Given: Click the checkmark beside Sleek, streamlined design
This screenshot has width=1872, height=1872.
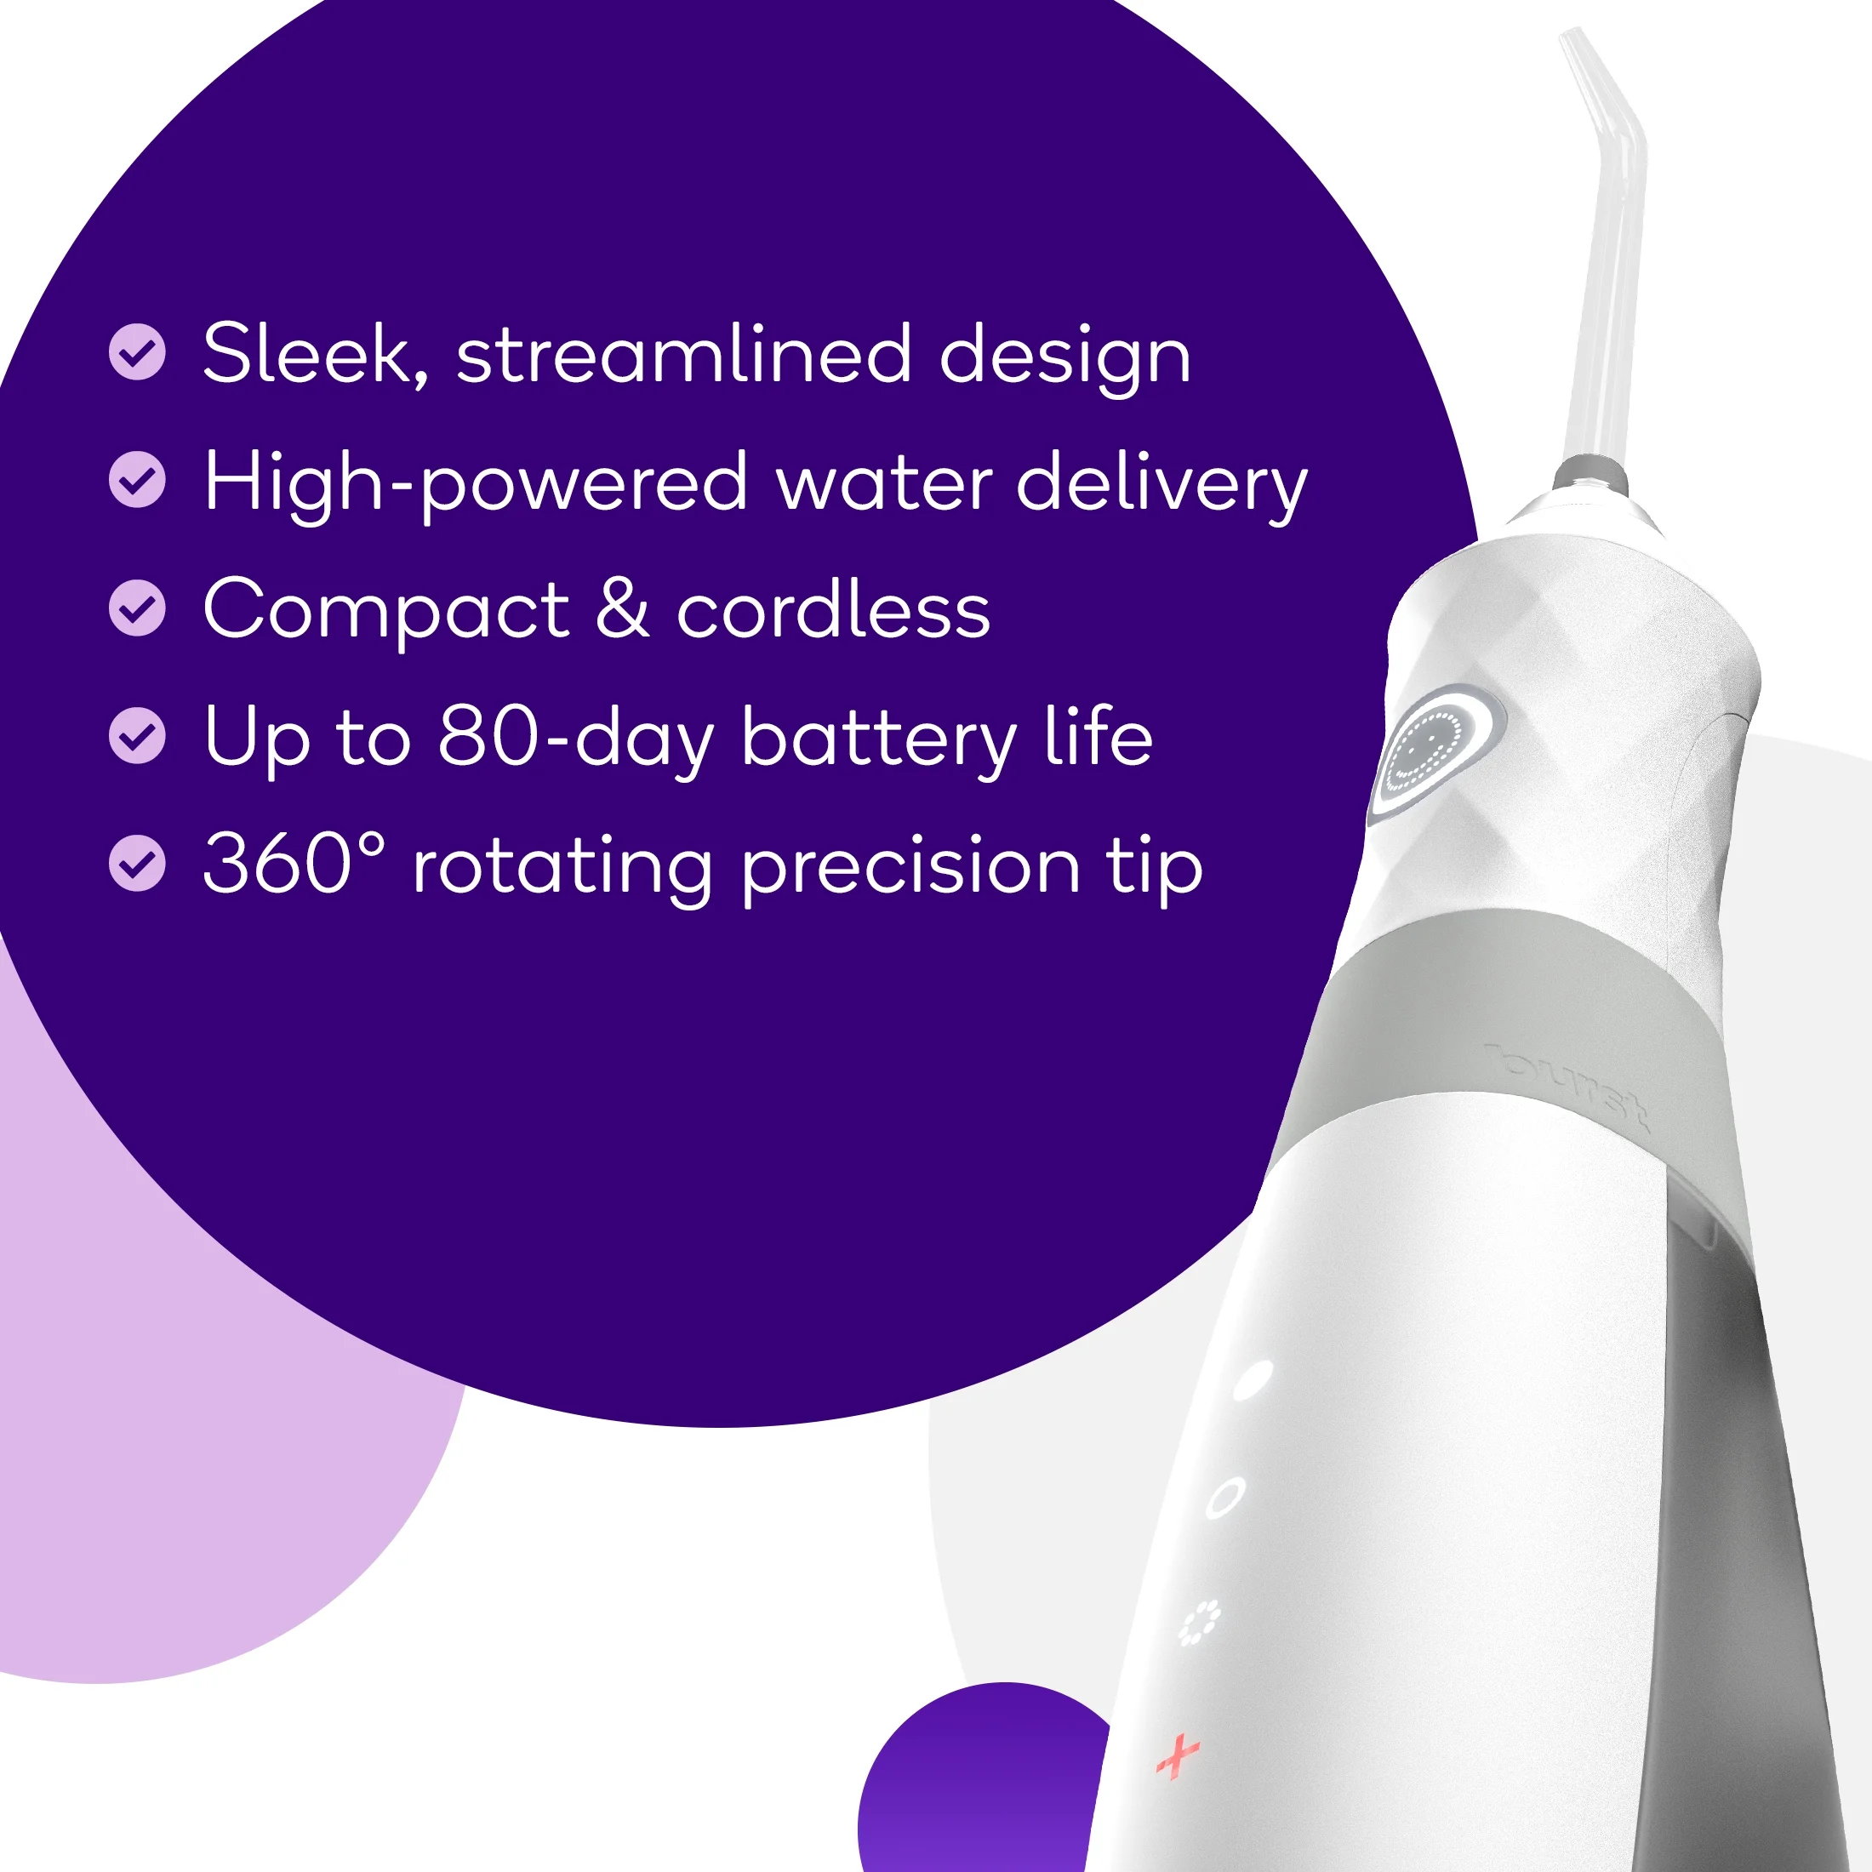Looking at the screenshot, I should coord(138,351).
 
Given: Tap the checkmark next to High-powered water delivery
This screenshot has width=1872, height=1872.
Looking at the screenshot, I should coord(138,480).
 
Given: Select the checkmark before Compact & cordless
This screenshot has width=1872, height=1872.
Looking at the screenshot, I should coord(138,608).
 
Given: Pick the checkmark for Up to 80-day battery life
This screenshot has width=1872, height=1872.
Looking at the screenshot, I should coord(138,735).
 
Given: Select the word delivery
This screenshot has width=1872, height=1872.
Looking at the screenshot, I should coord(1161,482).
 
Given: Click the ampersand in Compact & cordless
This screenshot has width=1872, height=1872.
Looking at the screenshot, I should coord(622,608).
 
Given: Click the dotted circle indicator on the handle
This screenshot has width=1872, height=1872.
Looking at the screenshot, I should coord(1200,1623).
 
